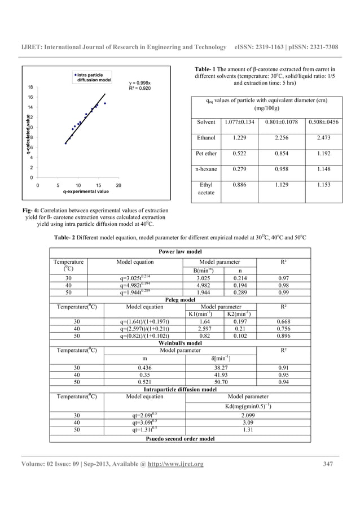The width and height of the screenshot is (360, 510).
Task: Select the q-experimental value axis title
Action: point(86,192)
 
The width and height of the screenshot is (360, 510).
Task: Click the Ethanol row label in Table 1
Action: point(206,137)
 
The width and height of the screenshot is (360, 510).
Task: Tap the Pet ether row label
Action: point(206,153)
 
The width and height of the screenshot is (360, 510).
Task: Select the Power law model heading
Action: point(179,252)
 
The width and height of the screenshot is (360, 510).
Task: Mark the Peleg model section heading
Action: point(179,300)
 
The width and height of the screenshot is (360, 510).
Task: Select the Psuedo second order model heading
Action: point(179,438)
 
